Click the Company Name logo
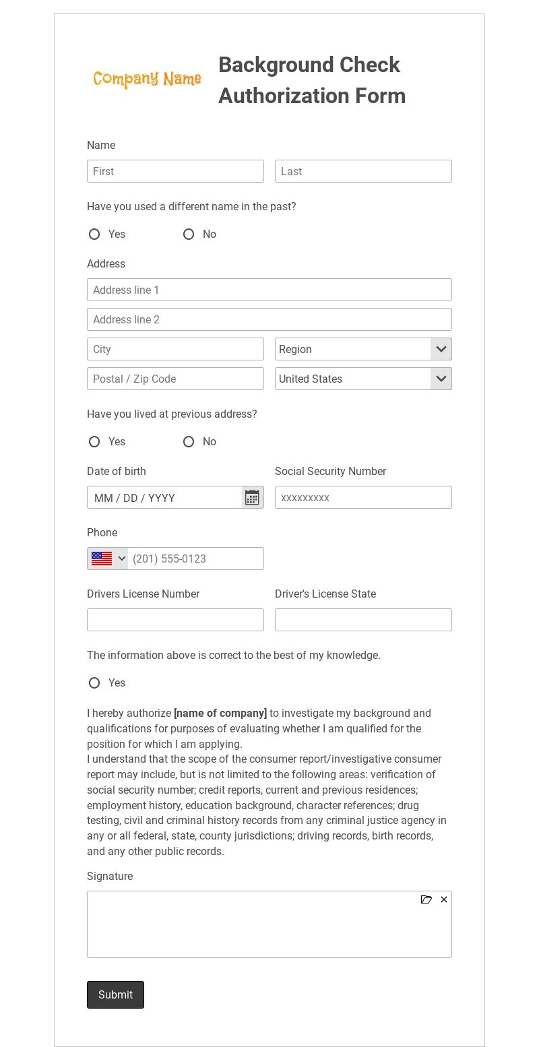coord(147,80)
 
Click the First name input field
coord(175,171)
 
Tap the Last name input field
coord(363,171)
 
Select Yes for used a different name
coord(94,234)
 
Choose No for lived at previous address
coord(189,442)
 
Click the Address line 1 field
coord(269,290)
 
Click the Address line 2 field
coord(269,319)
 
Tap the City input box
coord(175,349)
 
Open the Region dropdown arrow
coord(441,349)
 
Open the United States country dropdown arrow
coord(441,379)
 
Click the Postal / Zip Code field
coord(175,379)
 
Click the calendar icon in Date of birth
coord(252,498)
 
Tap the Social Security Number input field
coord(363,497)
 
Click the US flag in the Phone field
coord(102,559)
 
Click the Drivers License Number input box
coord(175,620)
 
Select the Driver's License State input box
coord(363,620)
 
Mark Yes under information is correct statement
coord(94,683)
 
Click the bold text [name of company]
coord(220,713)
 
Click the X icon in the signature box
coord(444,899)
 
